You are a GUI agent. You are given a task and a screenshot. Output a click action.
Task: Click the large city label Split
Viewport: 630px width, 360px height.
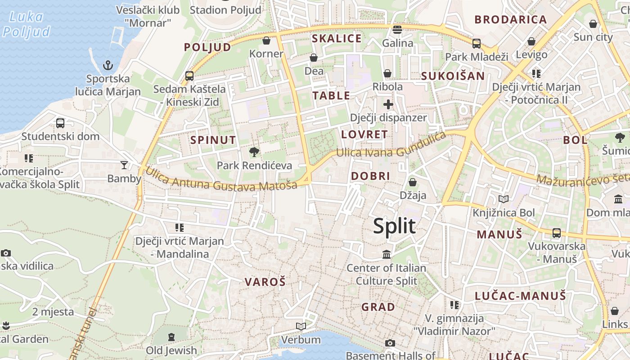[394, 225]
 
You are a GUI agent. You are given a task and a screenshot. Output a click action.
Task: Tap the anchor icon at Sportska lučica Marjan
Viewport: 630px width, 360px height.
[108, 66]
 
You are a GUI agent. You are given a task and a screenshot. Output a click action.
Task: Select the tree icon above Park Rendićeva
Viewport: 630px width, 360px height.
[254, 152]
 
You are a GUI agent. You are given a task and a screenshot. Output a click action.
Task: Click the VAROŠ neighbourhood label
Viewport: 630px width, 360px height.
[265, 282]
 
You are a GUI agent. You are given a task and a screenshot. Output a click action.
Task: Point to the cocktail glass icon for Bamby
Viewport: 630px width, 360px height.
[124, 165]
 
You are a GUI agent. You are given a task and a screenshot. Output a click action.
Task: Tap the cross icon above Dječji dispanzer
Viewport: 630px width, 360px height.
[388, 105]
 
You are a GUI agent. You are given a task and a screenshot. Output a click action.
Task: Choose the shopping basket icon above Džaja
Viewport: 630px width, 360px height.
[412, 182]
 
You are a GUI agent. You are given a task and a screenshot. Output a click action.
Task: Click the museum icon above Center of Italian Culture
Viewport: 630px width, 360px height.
[387, 255]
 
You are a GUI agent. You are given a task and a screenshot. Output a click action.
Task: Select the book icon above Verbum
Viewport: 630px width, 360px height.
[301, 326]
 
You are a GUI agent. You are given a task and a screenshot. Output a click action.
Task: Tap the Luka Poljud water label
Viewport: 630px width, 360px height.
[27, 24]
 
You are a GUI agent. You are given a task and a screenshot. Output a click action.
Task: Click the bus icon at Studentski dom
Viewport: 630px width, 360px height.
[60, 123]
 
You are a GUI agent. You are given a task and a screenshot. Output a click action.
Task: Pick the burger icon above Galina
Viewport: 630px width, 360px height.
[397, 30]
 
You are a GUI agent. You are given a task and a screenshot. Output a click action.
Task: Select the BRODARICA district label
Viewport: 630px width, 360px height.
[510, 19]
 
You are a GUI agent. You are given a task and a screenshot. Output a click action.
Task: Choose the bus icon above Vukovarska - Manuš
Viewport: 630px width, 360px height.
[557, 233]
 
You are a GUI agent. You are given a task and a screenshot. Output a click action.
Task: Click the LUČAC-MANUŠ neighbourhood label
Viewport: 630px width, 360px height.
[520, 296]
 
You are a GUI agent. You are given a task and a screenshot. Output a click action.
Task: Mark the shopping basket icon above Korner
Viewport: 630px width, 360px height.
[266, 40]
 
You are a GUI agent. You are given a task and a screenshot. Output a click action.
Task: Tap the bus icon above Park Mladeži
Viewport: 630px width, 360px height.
[476, 44]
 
